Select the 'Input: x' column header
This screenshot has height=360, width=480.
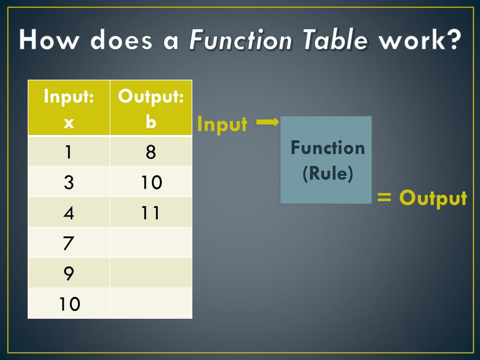coord(69,109)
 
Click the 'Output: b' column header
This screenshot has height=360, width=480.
coord(150,109)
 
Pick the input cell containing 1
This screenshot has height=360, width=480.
coord(69,152)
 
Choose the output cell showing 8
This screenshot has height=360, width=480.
coord(150,152)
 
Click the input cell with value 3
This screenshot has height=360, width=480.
coord(69,182)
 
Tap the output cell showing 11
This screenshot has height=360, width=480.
coord(150,213)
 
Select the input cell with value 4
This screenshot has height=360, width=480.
coord(69,213)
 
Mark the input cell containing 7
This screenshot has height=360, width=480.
coord(69,243)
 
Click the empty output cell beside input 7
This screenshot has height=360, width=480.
coord(150,243)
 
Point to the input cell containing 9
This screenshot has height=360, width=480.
coord(69,273)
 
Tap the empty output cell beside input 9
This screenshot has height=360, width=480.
coord(150,273)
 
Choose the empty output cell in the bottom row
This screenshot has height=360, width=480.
coord(150,304)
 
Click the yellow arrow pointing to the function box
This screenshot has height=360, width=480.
coord(267,122)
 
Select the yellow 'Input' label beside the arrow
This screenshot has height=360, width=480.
coord(222,124)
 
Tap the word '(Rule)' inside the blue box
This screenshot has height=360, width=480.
coord(328,174)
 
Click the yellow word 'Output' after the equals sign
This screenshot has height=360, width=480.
coord(433,198)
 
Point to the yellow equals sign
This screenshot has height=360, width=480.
coord(384,197)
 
